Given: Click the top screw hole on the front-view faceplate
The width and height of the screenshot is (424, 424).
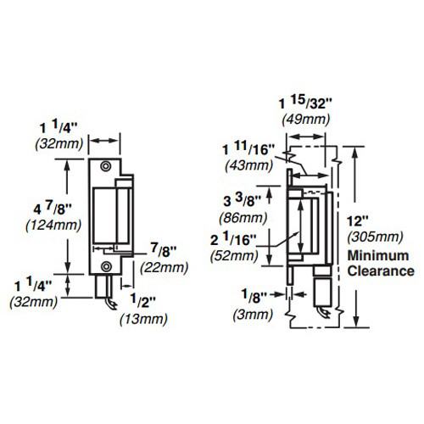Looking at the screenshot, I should click(x=104, y=166).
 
